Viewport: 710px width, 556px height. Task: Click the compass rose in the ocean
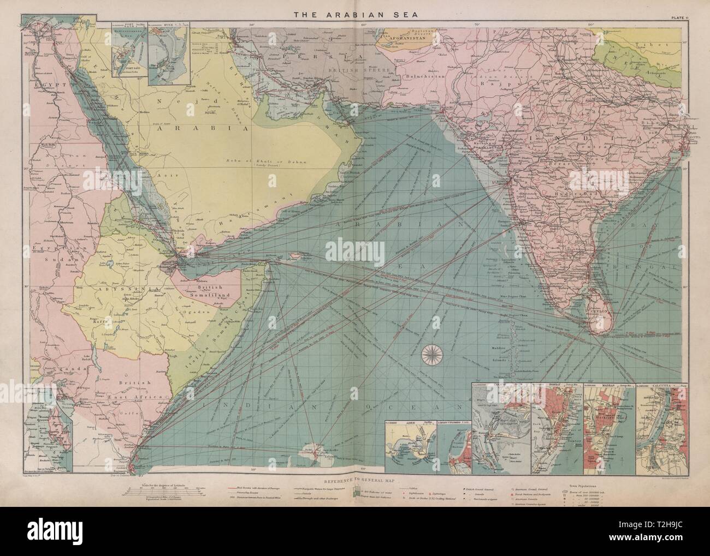tap(435, 356)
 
